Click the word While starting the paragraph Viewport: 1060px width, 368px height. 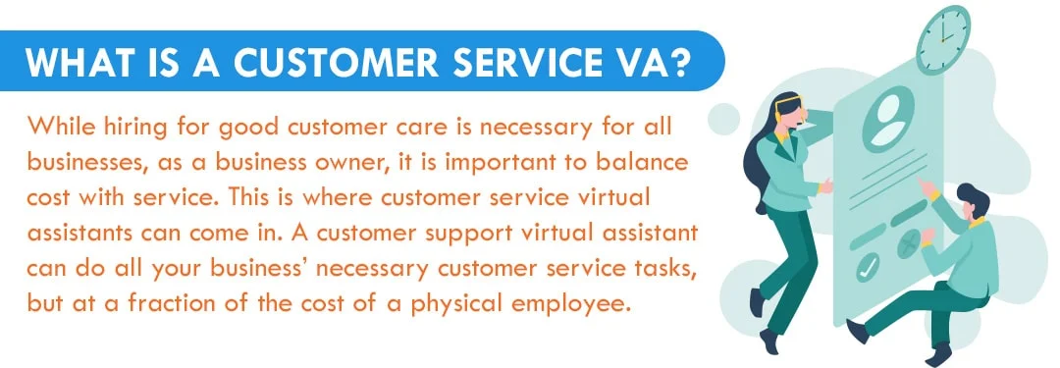[x=60, y=127]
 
